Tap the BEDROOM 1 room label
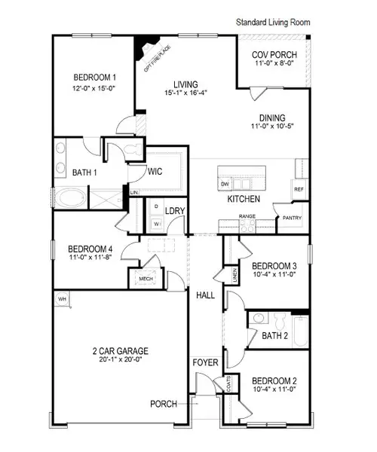coord(95,78)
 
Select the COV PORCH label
coord(274,55)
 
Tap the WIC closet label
coord(157,170)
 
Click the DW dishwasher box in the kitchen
coord(225,184)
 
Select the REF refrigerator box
coord(299,189)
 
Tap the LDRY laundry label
coord(176,210)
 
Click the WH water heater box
coord(61,299)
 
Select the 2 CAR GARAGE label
coord(121,351)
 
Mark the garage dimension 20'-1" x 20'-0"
coord(121,361)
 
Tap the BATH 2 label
coord(274,336)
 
